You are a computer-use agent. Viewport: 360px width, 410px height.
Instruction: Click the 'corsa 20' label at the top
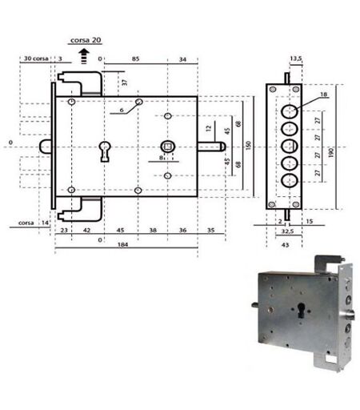[x=86, y=40]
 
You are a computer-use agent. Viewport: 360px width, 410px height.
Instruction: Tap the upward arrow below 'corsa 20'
[x=84, y=56]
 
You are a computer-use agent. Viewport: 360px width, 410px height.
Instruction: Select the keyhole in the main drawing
[x=105, y=151]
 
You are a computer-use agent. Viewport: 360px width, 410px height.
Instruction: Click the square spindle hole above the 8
[x=168, y=147]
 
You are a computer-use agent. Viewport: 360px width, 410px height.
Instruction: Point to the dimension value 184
[x=122, y=244]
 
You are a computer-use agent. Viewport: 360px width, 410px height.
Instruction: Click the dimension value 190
[x=331, y=153]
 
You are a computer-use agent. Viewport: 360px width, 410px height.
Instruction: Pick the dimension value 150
[x=249, y=146]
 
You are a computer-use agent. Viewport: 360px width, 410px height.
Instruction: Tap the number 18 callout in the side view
[x=323, y=94]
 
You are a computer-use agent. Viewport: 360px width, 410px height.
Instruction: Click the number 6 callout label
[x=122, y=110]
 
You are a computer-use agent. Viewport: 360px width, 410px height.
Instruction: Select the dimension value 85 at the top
[x=135, y=58]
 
